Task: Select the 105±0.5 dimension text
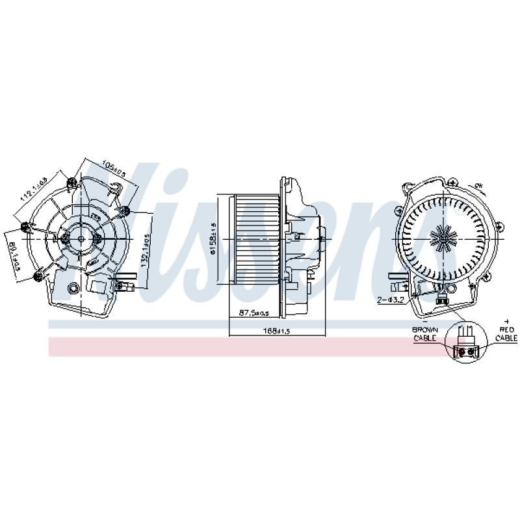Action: [114, 167]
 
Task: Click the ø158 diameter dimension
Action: [212, 239]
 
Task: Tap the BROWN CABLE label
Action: [425, 334]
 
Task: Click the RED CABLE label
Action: [506, 334]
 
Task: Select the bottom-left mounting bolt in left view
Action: [38, 278]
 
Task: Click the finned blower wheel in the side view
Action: [255, 239]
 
